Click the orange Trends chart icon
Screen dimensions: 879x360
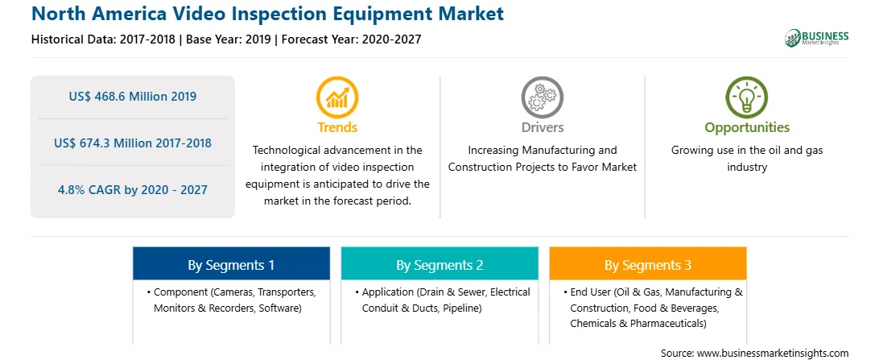(x=337, y=97)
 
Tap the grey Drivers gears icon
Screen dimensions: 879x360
(x=542, y=97)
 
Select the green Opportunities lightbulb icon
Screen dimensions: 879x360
(x=747, y=97)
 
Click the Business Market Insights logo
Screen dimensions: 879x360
(x=817, y=38)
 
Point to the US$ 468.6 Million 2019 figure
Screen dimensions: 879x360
(x=133, y=97)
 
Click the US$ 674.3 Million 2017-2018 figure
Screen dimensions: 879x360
(x=133, y=143)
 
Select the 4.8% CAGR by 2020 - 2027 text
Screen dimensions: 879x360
(x=133, y=189)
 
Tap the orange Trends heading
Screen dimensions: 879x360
(x=337, y=127)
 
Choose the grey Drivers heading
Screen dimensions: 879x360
(x=542, y=127)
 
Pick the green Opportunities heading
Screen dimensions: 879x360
(x=747, y=128)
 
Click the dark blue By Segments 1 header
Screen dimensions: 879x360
(x=232, y=265)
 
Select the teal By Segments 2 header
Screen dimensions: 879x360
(x=439, y=265)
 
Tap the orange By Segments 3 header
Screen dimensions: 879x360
(x=647, y=265)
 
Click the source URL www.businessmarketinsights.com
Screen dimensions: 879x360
(x=773, y=354)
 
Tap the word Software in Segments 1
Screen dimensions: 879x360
(x=279, y=308)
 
